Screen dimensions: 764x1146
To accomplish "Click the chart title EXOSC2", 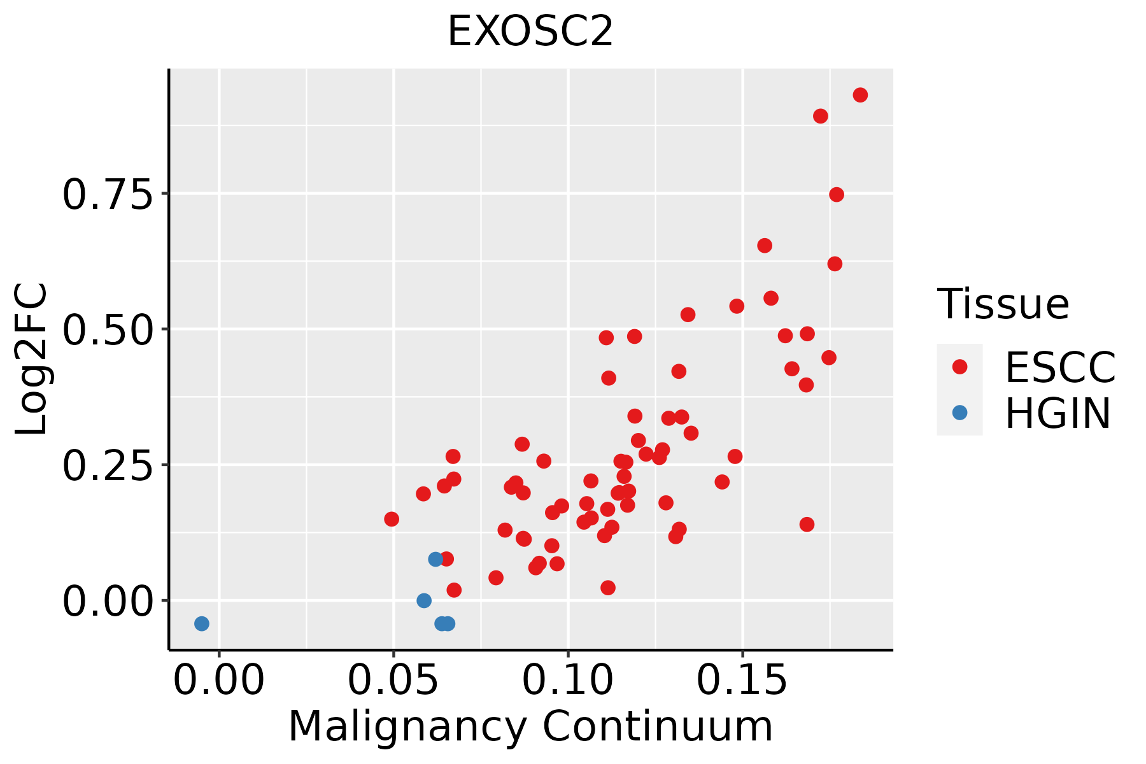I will tap(530, 32).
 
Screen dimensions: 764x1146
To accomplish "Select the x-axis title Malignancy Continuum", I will tap(530, 726).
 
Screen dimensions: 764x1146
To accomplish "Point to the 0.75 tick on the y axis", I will tap(108, 194).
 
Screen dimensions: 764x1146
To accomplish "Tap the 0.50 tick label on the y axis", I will tap(108, 330).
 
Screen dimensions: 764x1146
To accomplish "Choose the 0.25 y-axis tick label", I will tap(108, 465).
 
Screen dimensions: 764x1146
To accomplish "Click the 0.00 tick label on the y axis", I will tap(108, 601).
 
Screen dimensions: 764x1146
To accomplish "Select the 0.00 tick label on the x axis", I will tap(219, 681).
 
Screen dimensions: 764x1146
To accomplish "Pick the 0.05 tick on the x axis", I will tap(393, 681).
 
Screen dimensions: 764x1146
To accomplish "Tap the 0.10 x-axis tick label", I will tap(568, 681).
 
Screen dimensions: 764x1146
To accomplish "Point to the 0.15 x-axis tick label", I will tap(742, 681).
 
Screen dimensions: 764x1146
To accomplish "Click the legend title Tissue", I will tap(1003, 304).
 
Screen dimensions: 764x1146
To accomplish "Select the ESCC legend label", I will tap(1060, 367).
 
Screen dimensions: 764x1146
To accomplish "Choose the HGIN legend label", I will tap(1058, 414).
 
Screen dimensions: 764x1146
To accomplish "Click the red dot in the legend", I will tap(959, 367).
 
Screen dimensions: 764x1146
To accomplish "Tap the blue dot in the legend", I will tap(959, 413).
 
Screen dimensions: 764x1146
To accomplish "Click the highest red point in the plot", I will tap(860, 95).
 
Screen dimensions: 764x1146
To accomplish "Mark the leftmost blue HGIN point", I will tap(202, 623).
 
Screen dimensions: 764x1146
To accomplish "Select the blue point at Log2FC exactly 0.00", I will tap(424, 600).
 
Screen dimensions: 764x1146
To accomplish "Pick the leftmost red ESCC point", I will tap(392, 519).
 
